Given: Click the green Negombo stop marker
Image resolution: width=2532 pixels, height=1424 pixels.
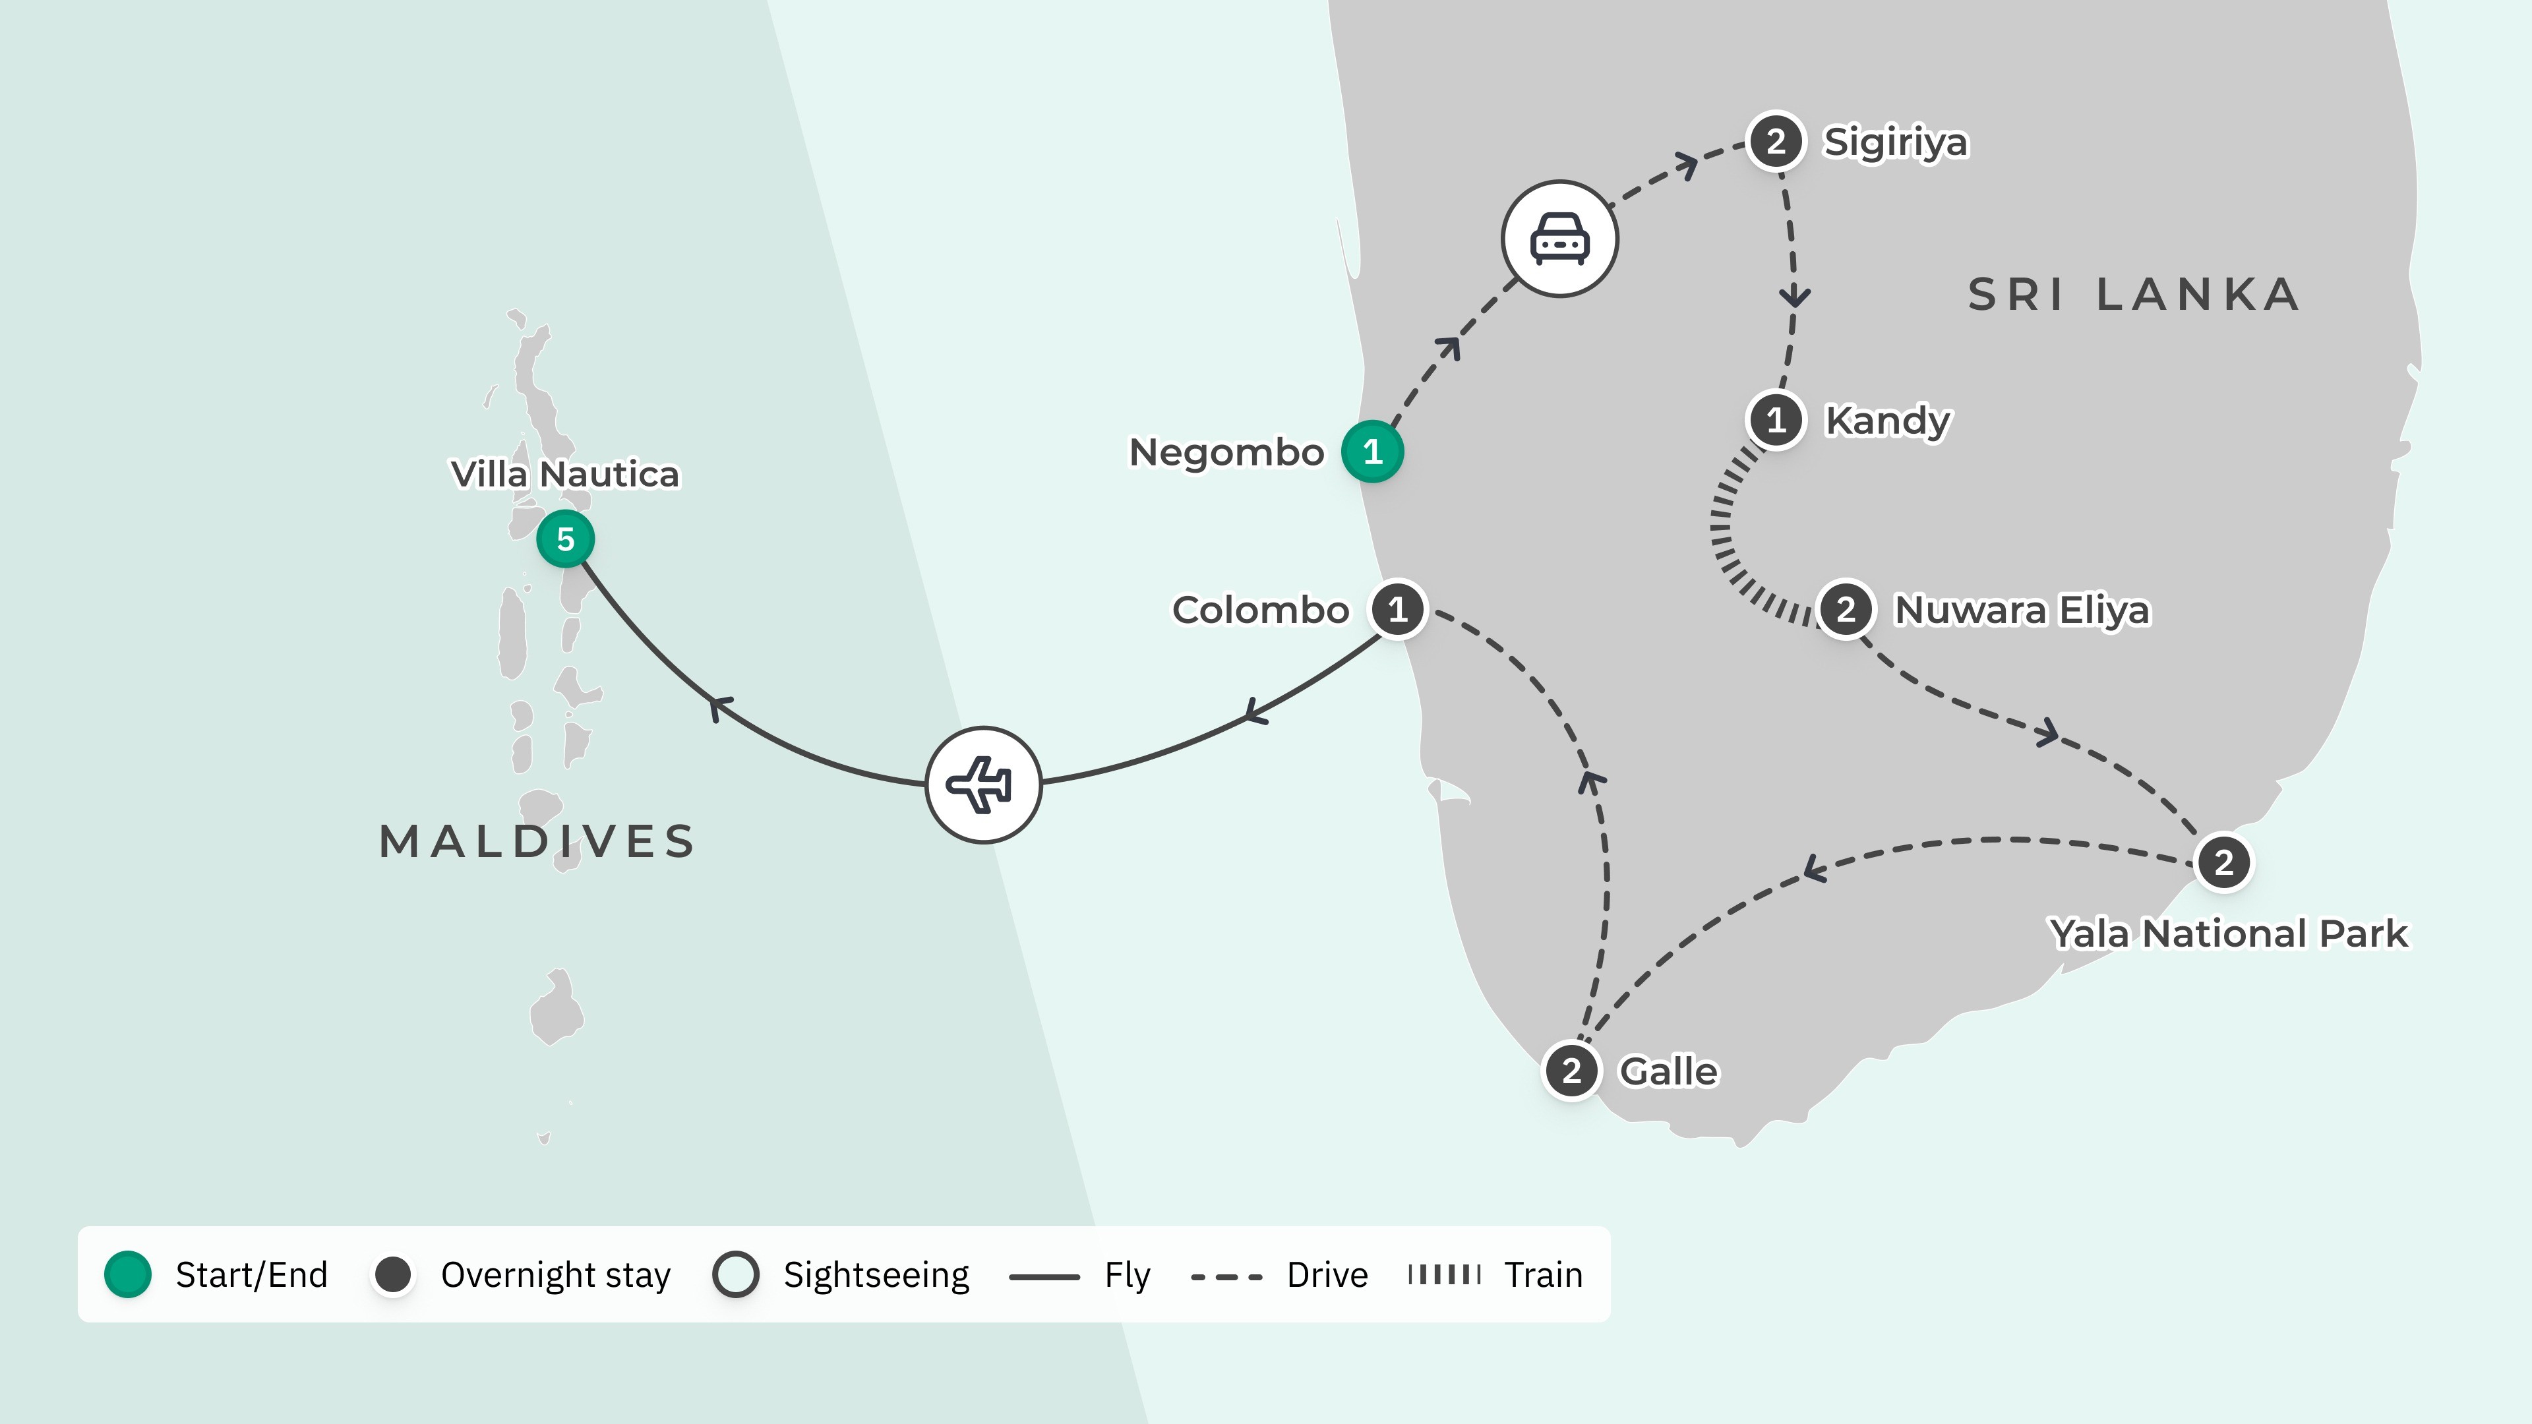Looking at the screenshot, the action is click(x=1372, y=452).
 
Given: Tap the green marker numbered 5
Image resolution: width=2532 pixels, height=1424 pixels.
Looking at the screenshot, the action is click(x=565, y=539).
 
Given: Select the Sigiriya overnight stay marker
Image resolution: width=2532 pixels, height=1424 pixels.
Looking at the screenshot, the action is click(x=1775, y=142).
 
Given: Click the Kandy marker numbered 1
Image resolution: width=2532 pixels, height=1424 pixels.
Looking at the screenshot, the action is click(x=1775, y=420).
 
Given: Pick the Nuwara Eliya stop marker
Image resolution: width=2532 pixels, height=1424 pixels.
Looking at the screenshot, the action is click(x=1845, y=609).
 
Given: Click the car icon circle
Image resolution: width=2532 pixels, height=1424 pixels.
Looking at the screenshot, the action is click(x=1559, y=239).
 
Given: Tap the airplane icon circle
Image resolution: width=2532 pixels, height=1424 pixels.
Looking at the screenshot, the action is click(x=983, y=785).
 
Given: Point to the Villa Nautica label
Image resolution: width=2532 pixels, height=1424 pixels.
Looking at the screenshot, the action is click(x=565, y=474).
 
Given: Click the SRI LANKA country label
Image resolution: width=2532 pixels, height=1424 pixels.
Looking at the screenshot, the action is click(x=2133, y=294).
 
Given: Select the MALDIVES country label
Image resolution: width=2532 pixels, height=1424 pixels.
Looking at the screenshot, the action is click(x=537, y=841).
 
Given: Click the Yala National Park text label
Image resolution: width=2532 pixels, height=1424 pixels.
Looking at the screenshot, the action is click(x=2228, y=934).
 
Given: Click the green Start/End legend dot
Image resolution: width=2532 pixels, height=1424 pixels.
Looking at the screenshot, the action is click(x=128, y=1274).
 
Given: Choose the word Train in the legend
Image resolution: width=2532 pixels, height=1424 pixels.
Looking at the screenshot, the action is click(x=1543, y=1274).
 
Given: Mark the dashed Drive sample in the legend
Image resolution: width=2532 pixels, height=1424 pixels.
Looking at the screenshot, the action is click(x=1226, y=1276).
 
